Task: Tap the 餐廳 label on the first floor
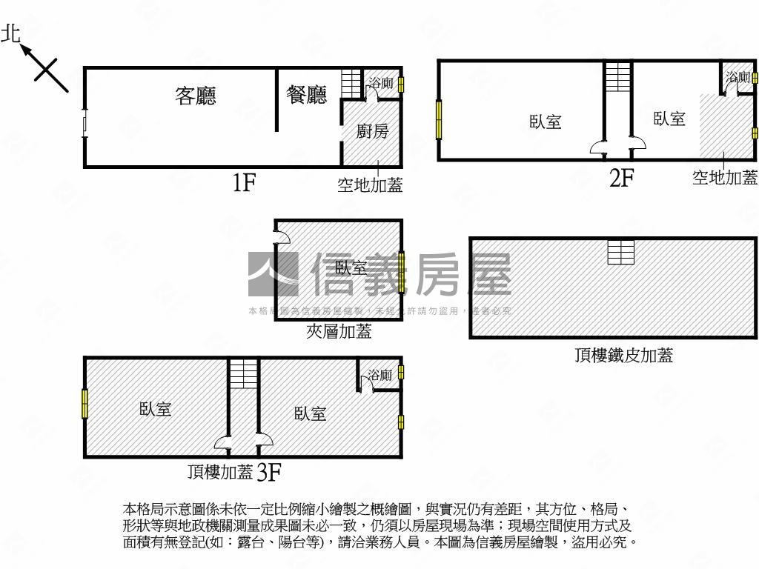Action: [306, 94]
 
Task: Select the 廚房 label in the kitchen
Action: [372, 131]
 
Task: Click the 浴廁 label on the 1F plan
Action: [381, 84]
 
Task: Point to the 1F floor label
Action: [244, 182]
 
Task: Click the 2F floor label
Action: [621, 178]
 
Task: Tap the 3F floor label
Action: [268, 472]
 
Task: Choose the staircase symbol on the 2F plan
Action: [617, 76]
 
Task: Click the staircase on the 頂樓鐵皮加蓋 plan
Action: [620, 252]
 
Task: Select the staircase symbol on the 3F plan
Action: [242, 373]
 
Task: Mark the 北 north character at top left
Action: [11, 33]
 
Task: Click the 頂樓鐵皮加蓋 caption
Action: [623, 356]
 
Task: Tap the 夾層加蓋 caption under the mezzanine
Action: [339, 332]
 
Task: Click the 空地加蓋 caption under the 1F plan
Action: [370, 185]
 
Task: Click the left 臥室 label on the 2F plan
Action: [546, 122]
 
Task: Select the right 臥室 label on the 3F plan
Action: [310, 413]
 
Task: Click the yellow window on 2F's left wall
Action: [439, 119]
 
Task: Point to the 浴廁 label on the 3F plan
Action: [379, 376]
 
